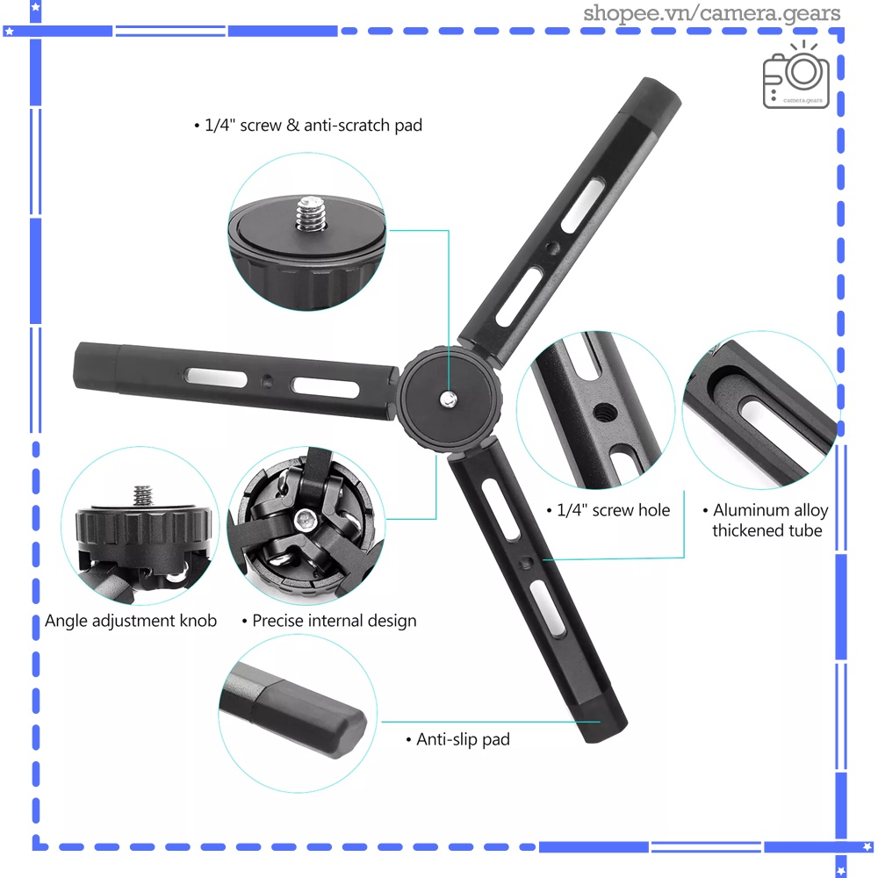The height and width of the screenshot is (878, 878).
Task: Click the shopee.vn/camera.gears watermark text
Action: pos(712,13)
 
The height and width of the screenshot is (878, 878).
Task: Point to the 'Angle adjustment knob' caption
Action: pos(131,621)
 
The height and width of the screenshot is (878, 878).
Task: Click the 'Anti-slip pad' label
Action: pos(463,739)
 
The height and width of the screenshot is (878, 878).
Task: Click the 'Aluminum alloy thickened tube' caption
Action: pos(767,521)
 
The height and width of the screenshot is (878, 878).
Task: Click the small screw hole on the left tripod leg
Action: pos(266,382)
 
